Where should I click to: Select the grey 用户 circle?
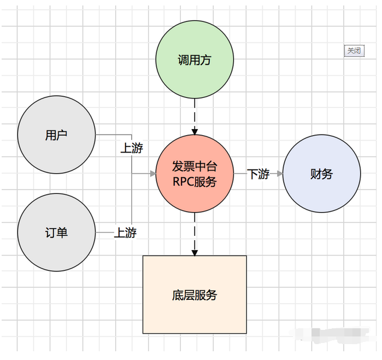coord(56,135)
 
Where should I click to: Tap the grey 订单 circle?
coord(56,233)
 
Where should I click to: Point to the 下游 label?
coord(258,175)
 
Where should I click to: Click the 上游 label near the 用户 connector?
coord(131,148)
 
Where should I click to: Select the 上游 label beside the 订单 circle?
coord(125,233)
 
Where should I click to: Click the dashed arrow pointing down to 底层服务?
coord(195,233)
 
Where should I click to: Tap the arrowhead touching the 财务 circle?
coord(280,174)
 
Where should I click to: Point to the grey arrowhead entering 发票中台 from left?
coord(152,174)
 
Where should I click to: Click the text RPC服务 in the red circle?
coord(195,182)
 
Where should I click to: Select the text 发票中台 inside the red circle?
coord(195,167)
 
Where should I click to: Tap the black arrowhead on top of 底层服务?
coord(195,252)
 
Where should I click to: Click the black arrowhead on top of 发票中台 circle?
coord(195,131)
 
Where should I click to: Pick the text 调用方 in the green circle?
coord(195,60)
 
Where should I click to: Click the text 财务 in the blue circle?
coord(321,175)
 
